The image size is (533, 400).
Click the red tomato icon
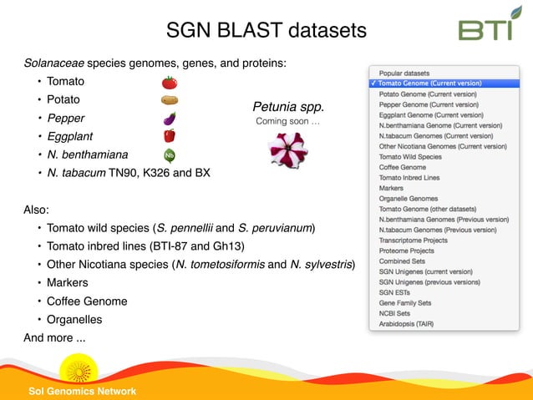pyautogui.click(x=169, y=82)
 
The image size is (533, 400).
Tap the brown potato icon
pyautogui.click(x=169, y=100)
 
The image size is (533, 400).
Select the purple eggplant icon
pyautogui.click(x=169, y=118)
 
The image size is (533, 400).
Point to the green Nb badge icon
pyautogui.click(x=169, y=154)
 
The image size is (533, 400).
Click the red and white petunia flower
pyautogui.click(x=287, y=150)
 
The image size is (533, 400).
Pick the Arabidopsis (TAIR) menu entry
pyautogui.click(x=412, y=323)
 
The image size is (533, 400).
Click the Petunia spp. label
pyautogui.click(x=288, y=108)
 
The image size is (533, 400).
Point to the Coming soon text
pyautogui.click(x=287, y=122)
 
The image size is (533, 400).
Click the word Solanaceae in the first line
pyautogui.click(x=53, y=63)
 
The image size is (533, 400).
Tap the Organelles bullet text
pyautogui.click(x=74, y=319)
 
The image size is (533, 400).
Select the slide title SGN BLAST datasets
pyautogui.click(x=266, y=31)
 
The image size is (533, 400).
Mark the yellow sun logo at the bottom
pyautogui.click(x=79, y=368)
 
